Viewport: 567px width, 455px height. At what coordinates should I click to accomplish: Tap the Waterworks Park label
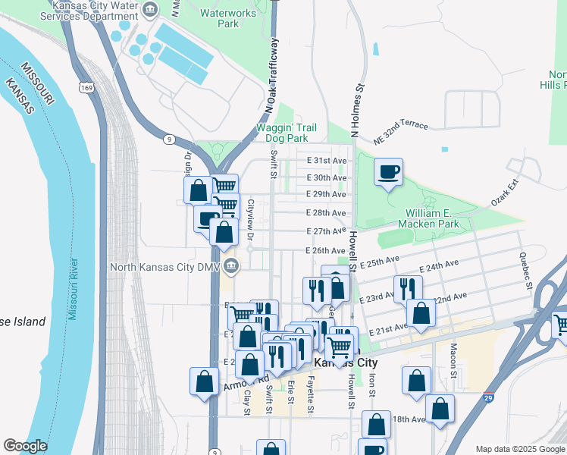[219, 17]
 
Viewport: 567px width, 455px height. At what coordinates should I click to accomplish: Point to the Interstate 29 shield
[487, 396]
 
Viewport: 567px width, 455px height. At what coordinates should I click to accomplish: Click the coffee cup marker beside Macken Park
[389, 172]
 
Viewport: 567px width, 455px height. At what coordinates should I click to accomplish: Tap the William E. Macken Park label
[428, 218]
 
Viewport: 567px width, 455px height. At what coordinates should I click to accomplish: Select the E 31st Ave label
[326, 161]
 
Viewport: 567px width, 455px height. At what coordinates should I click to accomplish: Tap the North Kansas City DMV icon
[233, 266]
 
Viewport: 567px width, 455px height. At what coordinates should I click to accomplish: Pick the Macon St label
[453, 359]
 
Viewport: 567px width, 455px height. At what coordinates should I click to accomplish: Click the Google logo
[25, 446]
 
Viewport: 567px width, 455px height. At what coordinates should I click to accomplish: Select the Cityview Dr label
[249, 220]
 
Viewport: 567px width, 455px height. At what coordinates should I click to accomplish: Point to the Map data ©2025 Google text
[519, 449]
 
